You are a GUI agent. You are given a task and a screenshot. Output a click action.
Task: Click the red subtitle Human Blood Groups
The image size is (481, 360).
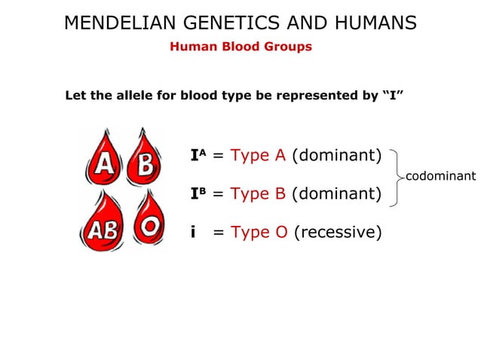[240, 47]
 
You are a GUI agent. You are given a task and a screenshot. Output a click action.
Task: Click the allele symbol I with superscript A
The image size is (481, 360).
[198, 156]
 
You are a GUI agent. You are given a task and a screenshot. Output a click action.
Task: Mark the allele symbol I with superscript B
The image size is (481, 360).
[198, 194]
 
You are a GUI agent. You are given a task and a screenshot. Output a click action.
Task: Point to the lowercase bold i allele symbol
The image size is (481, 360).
[194, 232]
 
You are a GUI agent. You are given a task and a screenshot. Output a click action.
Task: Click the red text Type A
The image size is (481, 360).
[258, 156]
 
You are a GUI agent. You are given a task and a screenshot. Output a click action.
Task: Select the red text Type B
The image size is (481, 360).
[258, 194]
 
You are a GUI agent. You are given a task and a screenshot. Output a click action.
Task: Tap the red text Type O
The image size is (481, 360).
[259, 232]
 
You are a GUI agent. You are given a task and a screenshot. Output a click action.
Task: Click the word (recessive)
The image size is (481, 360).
[337, 232]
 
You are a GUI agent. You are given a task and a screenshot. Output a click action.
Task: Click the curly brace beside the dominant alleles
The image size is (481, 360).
[395, 176]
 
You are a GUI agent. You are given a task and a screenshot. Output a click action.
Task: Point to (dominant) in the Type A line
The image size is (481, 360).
[336, 156]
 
